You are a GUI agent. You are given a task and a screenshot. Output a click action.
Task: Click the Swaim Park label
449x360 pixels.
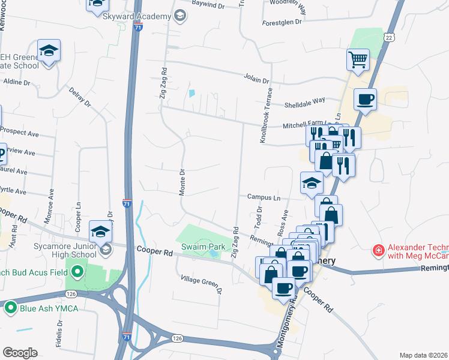(x=204, y=247)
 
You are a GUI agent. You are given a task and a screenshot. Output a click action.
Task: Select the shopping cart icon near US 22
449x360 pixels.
(x=358, y=59)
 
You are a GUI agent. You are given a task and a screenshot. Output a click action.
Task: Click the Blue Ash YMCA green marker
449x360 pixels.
(x=10, y=308)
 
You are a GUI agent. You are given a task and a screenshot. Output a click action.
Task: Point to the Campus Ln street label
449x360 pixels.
(x=264, y=197)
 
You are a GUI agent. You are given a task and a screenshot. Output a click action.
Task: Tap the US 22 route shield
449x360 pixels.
(x=390, y=38)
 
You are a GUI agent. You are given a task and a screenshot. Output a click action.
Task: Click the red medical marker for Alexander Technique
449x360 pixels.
(x=379, y=250)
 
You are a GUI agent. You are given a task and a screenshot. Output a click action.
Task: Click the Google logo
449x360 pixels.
(x=20, y=353)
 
